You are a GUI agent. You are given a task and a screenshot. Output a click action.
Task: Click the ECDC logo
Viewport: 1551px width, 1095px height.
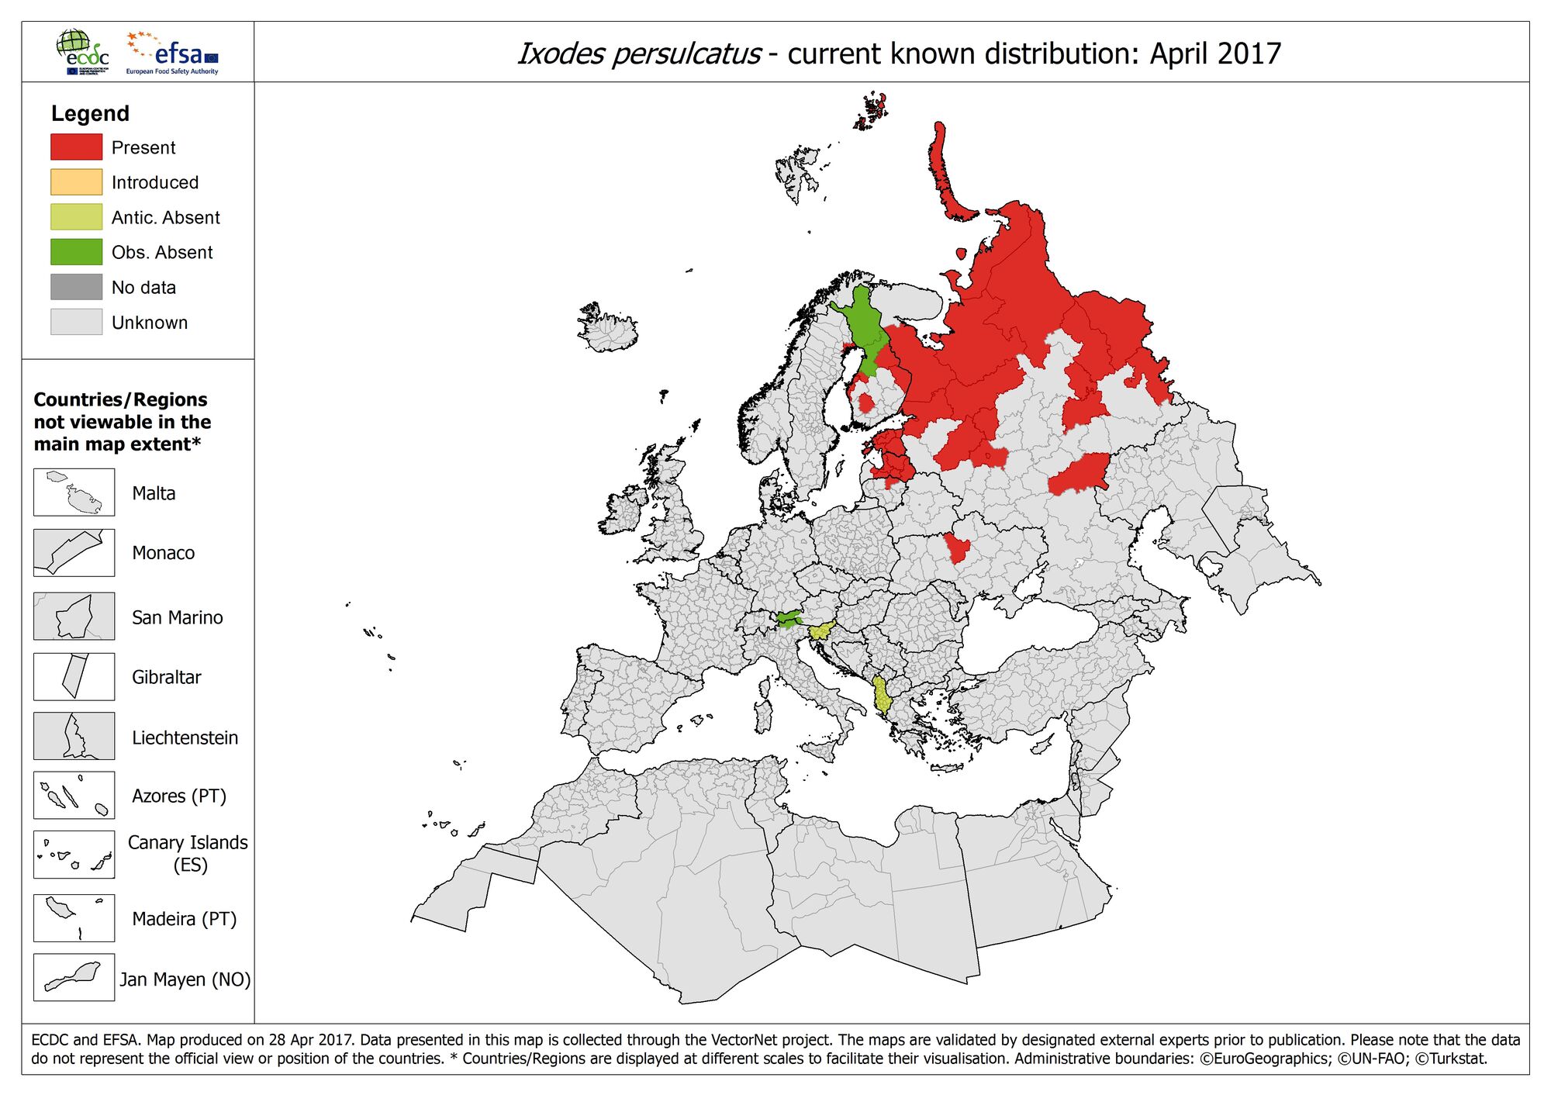point(82,52)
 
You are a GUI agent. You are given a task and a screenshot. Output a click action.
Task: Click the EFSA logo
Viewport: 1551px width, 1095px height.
point(173,53)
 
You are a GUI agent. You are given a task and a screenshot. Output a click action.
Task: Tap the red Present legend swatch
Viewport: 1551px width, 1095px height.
point(76,147)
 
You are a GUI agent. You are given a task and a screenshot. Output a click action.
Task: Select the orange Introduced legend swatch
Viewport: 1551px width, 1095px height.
point(76,182)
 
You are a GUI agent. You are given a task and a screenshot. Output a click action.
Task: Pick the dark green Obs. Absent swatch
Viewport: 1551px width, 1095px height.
point(76,252)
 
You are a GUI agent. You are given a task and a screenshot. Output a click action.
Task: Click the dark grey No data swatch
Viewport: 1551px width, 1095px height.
point(76,287)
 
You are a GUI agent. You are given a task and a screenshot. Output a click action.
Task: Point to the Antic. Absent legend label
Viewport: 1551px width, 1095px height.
point(165,217)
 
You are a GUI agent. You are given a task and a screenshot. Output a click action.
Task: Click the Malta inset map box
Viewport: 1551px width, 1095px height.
point(74,492)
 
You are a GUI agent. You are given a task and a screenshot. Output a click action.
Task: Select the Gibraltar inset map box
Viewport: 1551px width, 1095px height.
point(74,676)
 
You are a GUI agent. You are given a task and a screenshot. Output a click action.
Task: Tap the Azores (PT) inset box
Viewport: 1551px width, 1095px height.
point(74,795)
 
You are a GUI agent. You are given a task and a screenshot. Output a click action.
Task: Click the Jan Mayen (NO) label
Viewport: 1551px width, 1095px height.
point(185,979)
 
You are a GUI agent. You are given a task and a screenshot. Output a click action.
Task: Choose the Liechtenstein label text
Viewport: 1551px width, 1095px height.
point(185,737)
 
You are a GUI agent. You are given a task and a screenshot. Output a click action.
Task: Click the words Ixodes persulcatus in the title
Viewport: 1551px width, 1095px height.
point(638,54)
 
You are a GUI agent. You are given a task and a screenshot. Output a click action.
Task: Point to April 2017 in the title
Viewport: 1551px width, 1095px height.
point(1214,54)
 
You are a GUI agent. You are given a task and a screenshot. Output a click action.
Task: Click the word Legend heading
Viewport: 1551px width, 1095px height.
point(90,113)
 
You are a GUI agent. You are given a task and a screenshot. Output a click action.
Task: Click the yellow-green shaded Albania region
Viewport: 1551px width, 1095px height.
point(881,695)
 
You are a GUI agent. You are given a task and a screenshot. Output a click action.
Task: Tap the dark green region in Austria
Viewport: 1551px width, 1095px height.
point(789,618)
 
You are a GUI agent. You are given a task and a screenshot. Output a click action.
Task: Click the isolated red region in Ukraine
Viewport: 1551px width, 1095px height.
point(957,547)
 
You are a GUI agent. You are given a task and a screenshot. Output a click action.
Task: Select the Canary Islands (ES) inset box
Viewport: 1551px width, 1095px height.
point(74,855)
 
